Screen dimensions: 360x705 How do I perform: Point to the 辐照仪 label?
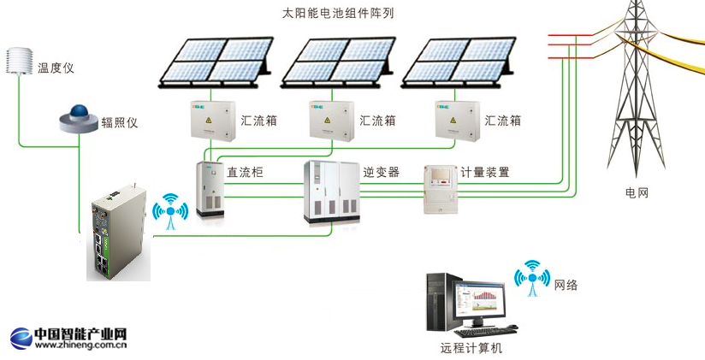(x=120, y=122)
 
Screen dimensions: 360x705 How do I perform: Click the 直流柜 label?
(x=245, y=172)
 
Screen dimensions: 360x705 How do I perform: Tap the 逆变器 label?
(x=381, y=172)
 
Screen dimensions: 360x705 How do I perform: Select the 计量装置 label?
(x=485, y=172)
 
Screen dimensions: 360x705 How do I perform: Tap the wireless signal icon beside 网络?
(x=531, y=278)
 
